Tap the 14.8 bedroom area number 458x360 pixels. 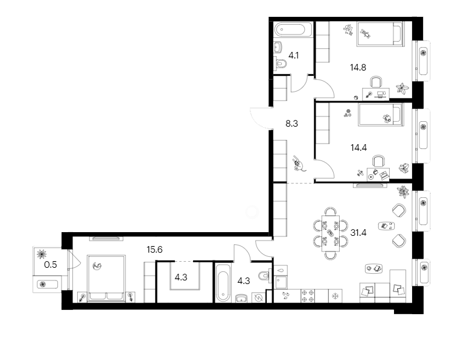point(358,68)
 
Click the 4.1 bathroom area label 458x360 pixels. point(294,56)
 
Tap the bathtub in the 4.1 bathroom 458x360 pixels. point(292,30)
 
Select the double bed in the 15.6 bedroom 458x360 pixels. point(107,277)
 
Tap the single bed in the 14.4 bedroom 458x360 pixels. point(379,115)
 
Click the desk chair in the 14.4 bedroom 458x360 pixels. point(379,161)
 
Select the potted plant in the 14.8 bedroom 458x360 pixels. point(401,89)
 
